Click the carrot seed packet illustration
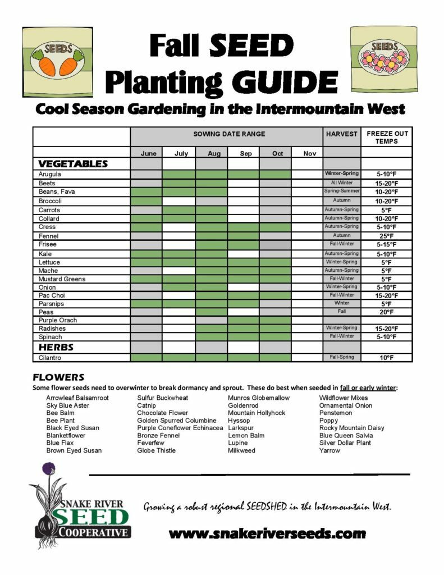click(58, 60)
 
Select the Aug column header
click(214, 153)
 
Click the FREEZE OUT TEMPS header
click(387, 137)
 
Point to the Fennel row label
click(49, 236)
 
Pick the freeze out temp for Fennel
click(386, 236)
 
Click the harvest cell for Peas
click(341, 311)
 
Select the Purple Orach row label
click(58, 320)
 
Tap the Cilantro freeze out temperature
click(386, 358)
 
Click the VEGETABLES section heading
click(72, 164)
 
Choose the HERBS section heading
click(56, 347)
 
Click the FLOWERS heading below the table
click(58, 377)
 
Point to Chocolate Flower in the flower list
click(163, 413)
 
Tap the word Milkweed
click(241, 450)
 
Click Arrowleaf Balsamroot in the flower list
click(77, 398)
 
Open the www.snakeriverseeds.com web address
click(267, 533)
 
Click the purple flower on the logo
click(49, 468)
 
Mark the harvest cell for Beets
click(341, 183)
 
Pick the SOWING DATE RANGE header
click(229, 134)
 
